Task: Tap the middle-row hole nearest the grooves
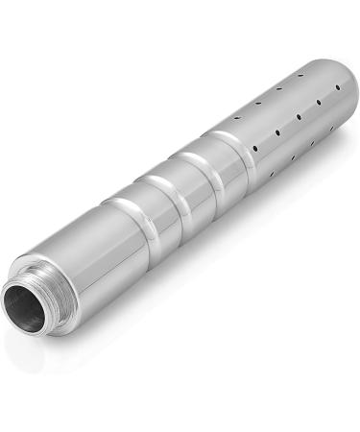[256, 147]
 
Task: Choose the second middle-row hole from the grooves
[277, 132]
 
